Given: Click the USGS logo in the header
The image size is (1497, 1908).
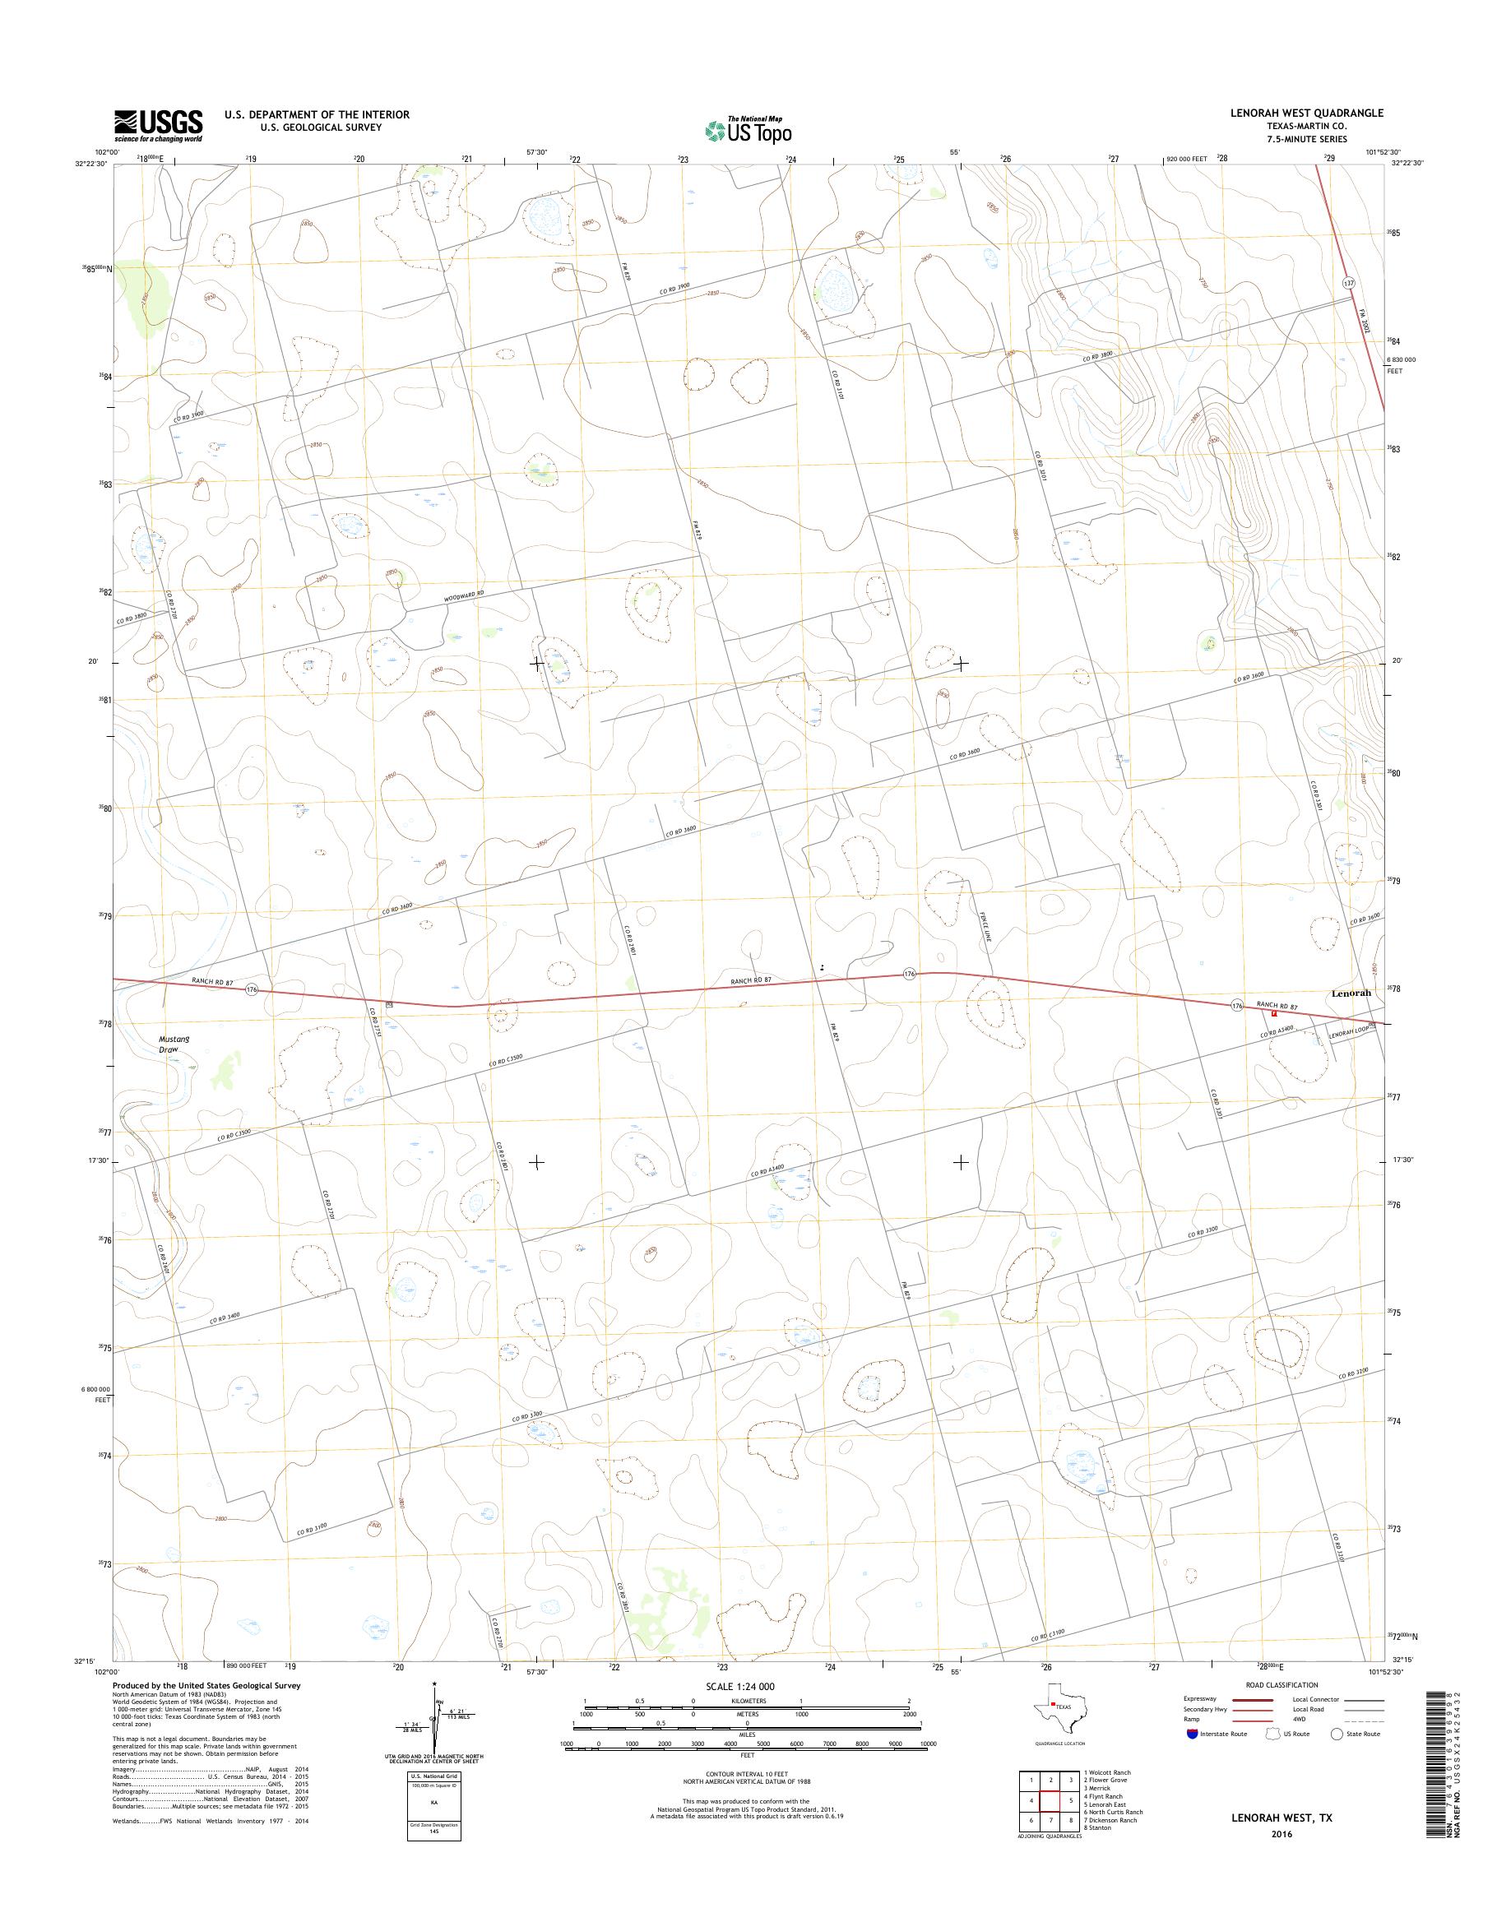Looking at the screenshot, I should click(x=158, y=125).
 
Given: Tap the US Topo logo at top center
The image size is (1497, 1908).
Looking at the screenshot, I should click(x=748, y=131).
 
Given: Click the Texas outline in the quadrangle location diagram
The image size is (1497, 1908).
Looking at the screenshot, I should click(x=1060, y=1730).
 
